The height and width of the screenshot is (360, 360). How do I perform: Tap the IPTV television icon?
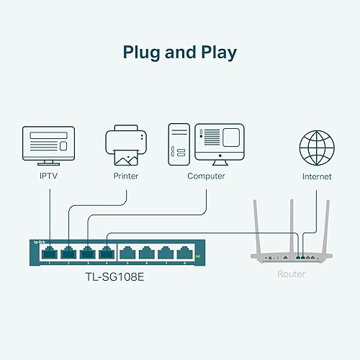(x=49, y=144)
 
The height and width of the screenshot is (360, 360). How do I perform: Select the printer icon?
(x=126, y=144)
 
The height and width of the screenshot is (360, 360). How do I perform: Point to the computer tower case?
(x=179, y=144)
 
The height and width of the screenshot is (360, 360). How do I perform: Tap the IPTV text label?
(x=49, y=176)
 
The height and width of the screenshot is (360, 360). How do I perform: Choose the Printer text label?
(x=126, y=176)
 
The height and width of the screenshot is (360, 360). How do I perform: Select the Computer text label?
(x=206, y=176)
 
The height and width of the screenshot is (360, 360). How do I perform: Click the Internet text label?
(x=318, y=176)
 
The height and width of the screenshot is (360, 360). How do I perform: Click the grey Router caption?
(x=291, y=274)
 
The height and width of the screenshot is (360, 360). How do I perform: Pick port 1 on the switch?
(x=50, y=253)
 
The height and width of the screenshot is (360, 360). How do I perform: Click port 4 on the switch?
(x=107, y=253)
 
